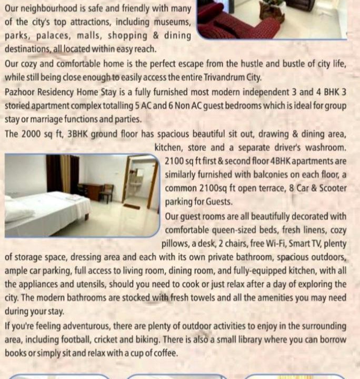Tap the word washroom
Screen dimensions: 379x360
(327, 147)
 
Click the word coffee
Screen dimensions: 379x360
(163, 353)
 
